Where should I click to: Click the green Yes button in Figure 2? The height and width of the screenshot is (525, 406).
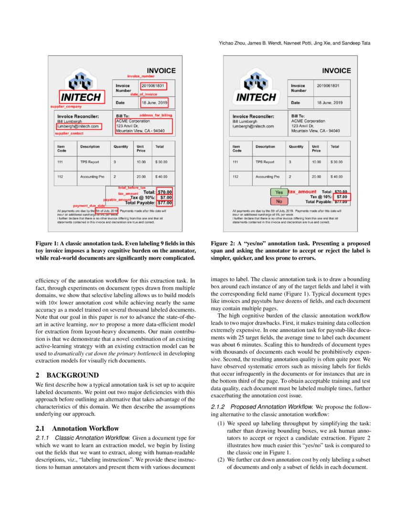pos(279,192)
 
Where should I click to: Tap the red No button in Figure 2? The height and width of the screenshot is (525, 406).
pos(279,201)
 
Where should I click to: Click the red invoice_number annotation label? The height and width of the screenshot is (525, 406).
pos(140,76)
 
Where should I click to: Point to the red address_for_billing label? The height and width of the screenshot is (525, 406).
pos(155,115)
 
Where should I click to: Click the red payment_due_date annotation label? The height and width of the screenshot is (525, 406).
pos(89,206)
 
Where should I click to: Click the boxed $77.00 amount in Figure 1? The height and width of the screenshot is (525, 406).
pos(165,202)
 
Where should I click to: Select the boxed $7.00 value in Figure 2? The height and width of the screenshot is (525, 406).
pos(342,197)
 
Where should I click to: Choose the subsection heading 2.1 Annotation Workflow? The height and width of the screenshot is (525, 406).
pos(77,428)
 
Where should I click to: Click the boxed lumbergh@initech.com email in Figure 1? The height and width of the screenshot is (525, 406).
pos(79,126)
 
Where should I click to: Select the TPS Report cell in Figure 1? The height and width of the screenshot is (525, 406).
pos(89,162)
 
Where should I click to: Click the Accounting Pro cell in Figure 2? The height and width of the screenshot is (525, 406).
pos(267,177)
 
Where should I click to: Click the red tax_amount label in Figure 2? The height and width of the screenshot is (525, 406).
pos(302,191)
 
